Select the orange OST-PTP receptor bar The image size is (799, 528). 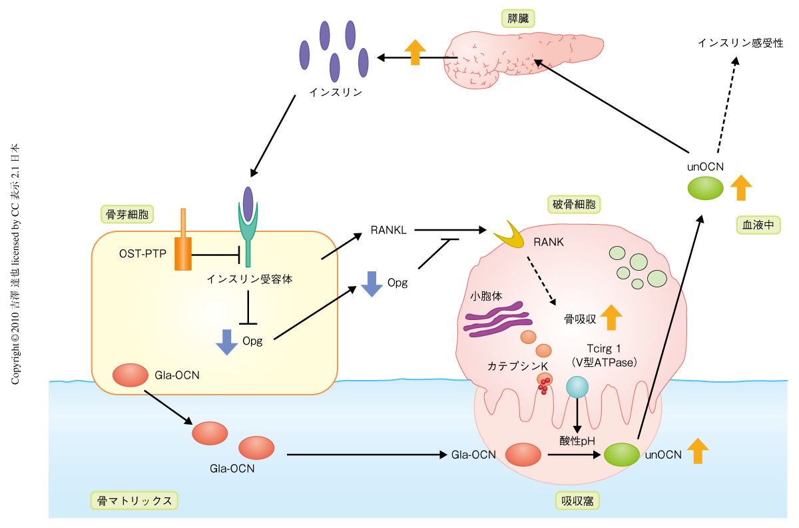tap(182, 247)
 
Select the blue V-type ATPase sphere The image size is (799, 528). tap(577, 387)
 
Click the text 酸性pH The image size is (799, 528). tap(577, 440)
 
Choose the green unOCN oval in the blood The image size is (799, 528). tap(706, 187)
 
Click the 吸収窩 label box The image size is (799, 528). tap(573, 500)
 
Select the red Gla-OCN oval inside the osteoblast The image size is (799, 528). tap(130, 375)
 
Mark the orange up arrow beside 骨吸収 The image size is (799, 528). tap(611, 318)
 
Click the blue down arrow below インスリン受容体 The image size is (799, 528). tap(227, 341)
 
